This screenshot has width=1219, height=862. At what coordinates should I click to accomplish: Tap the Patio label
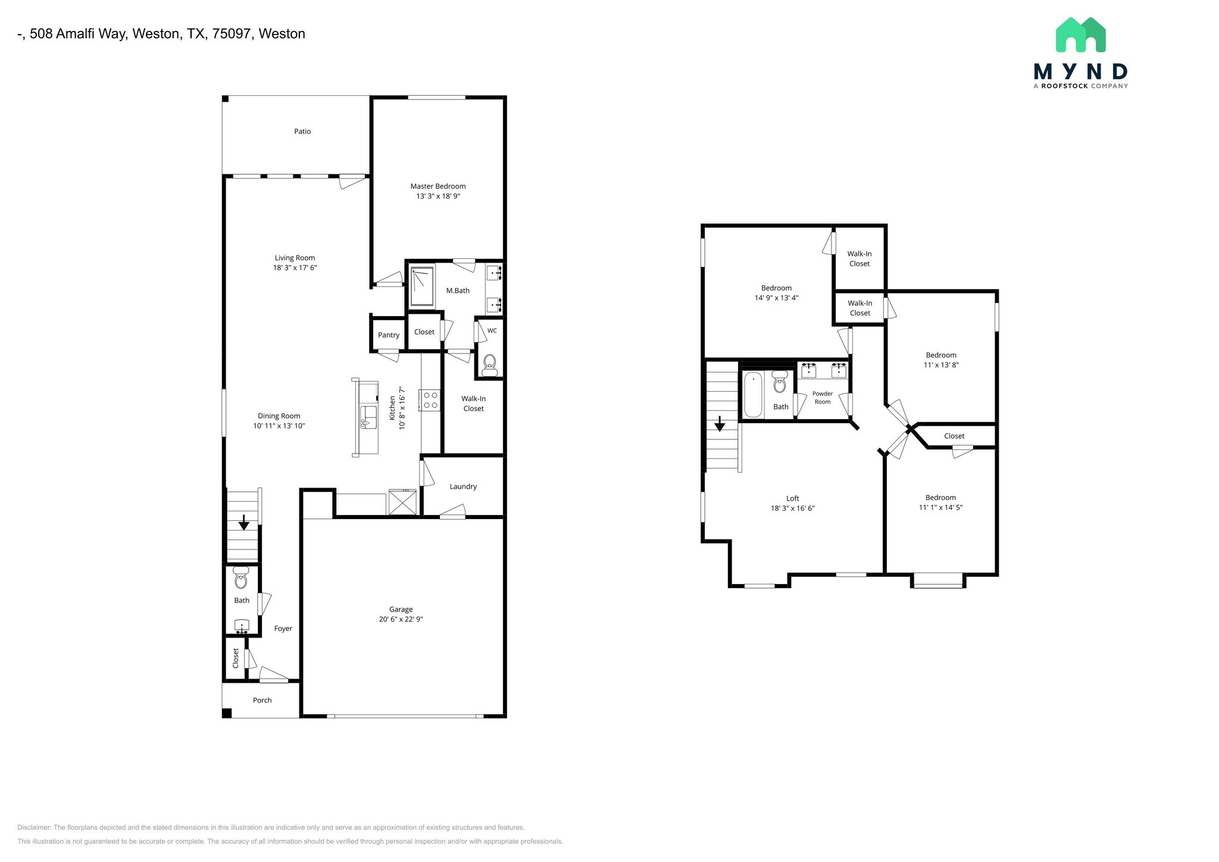pos(302,132)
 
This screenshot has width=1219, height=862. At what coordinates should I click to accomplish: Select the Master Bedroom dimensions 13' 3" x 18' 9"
pos(437,196)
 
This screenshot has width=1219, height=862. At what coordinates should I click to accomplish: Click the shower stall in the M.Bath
pos(422,286)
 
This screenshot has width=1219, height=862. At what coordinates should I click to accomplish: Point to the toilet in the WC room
pos(490,363)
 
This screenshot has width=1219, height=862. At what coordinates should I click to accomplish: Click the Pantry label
pos(389,335)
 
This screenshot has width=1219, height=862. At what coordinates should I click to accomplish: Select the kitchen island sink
pos(368,416)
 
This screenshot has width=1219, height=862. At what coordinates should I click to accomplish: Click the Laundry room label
pos(463,487)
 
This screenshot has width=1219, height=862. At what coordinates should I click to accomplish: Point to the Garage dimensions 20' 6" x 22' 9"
pos(401,620)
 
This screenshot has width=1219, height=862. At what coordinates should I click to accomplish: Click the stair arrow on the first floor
pos(243,523)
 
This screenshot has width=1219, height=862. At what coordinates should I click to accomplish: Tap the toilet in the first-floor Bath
pos(241,578)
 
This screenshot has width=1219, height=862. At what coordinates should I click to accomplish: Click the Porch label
pos(262,701)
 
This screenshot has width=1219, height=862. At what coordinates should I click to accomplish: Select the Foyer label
pos(283,629)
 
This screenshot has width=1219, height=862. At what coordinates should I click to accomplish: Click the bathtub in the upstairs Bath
pos(754,395)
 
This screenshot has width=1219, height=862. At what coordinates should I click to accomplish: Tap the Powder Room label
pos(823,398)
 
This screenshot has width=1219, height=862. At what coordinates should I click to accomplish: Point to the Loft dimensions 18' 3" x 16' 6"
pos(792,509)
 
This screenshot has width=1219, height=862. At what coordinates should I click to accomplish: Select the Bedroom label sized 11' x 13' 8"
pos(940,355)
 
